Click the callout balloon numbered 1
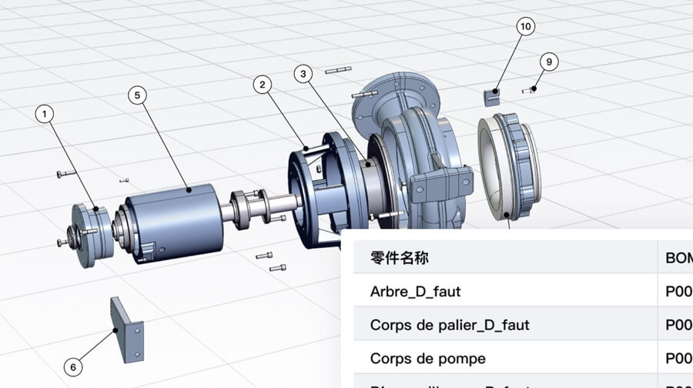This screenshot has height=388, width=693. point(45,114)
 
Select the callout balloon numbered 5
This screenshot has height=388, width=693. point(137,95)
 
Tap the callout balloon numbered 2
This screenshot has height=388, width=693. point(263,84)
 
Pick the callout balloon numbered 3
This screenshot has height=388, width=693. point(303,74)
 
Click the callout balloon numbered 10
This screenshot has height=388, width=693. point(525,27)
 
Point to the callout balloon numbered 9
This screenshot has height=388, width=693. point(549,62)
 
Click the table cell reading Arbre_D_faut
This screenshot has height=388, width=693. point(416,292)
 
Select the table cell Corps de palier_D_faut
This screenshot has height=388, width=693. point(450,325)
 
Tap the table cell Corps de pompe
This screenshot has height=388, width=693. point(428,359)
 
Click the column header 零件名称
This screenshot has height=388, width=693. point(399,258)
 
